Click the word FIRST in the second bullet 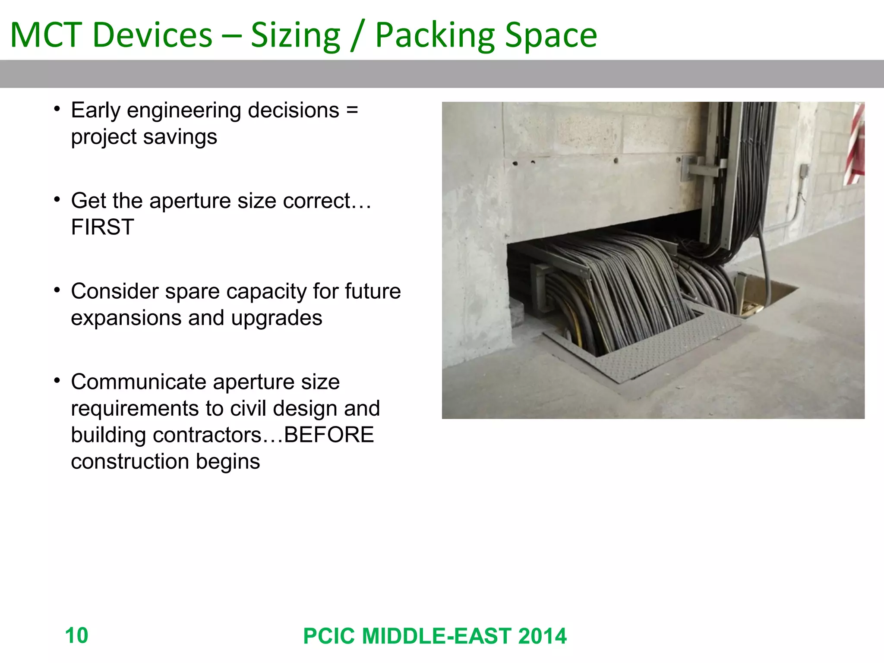102,227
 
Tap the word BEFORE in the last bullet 328,435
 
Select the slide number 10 76,635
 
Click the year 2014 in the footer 542,636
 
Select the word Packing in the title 435,35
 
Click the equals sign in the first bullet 352,110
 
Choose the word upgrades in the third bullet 276,318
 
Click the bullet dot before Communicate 57,381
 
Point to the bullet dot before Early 57,110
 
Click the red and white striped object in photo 855,145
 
